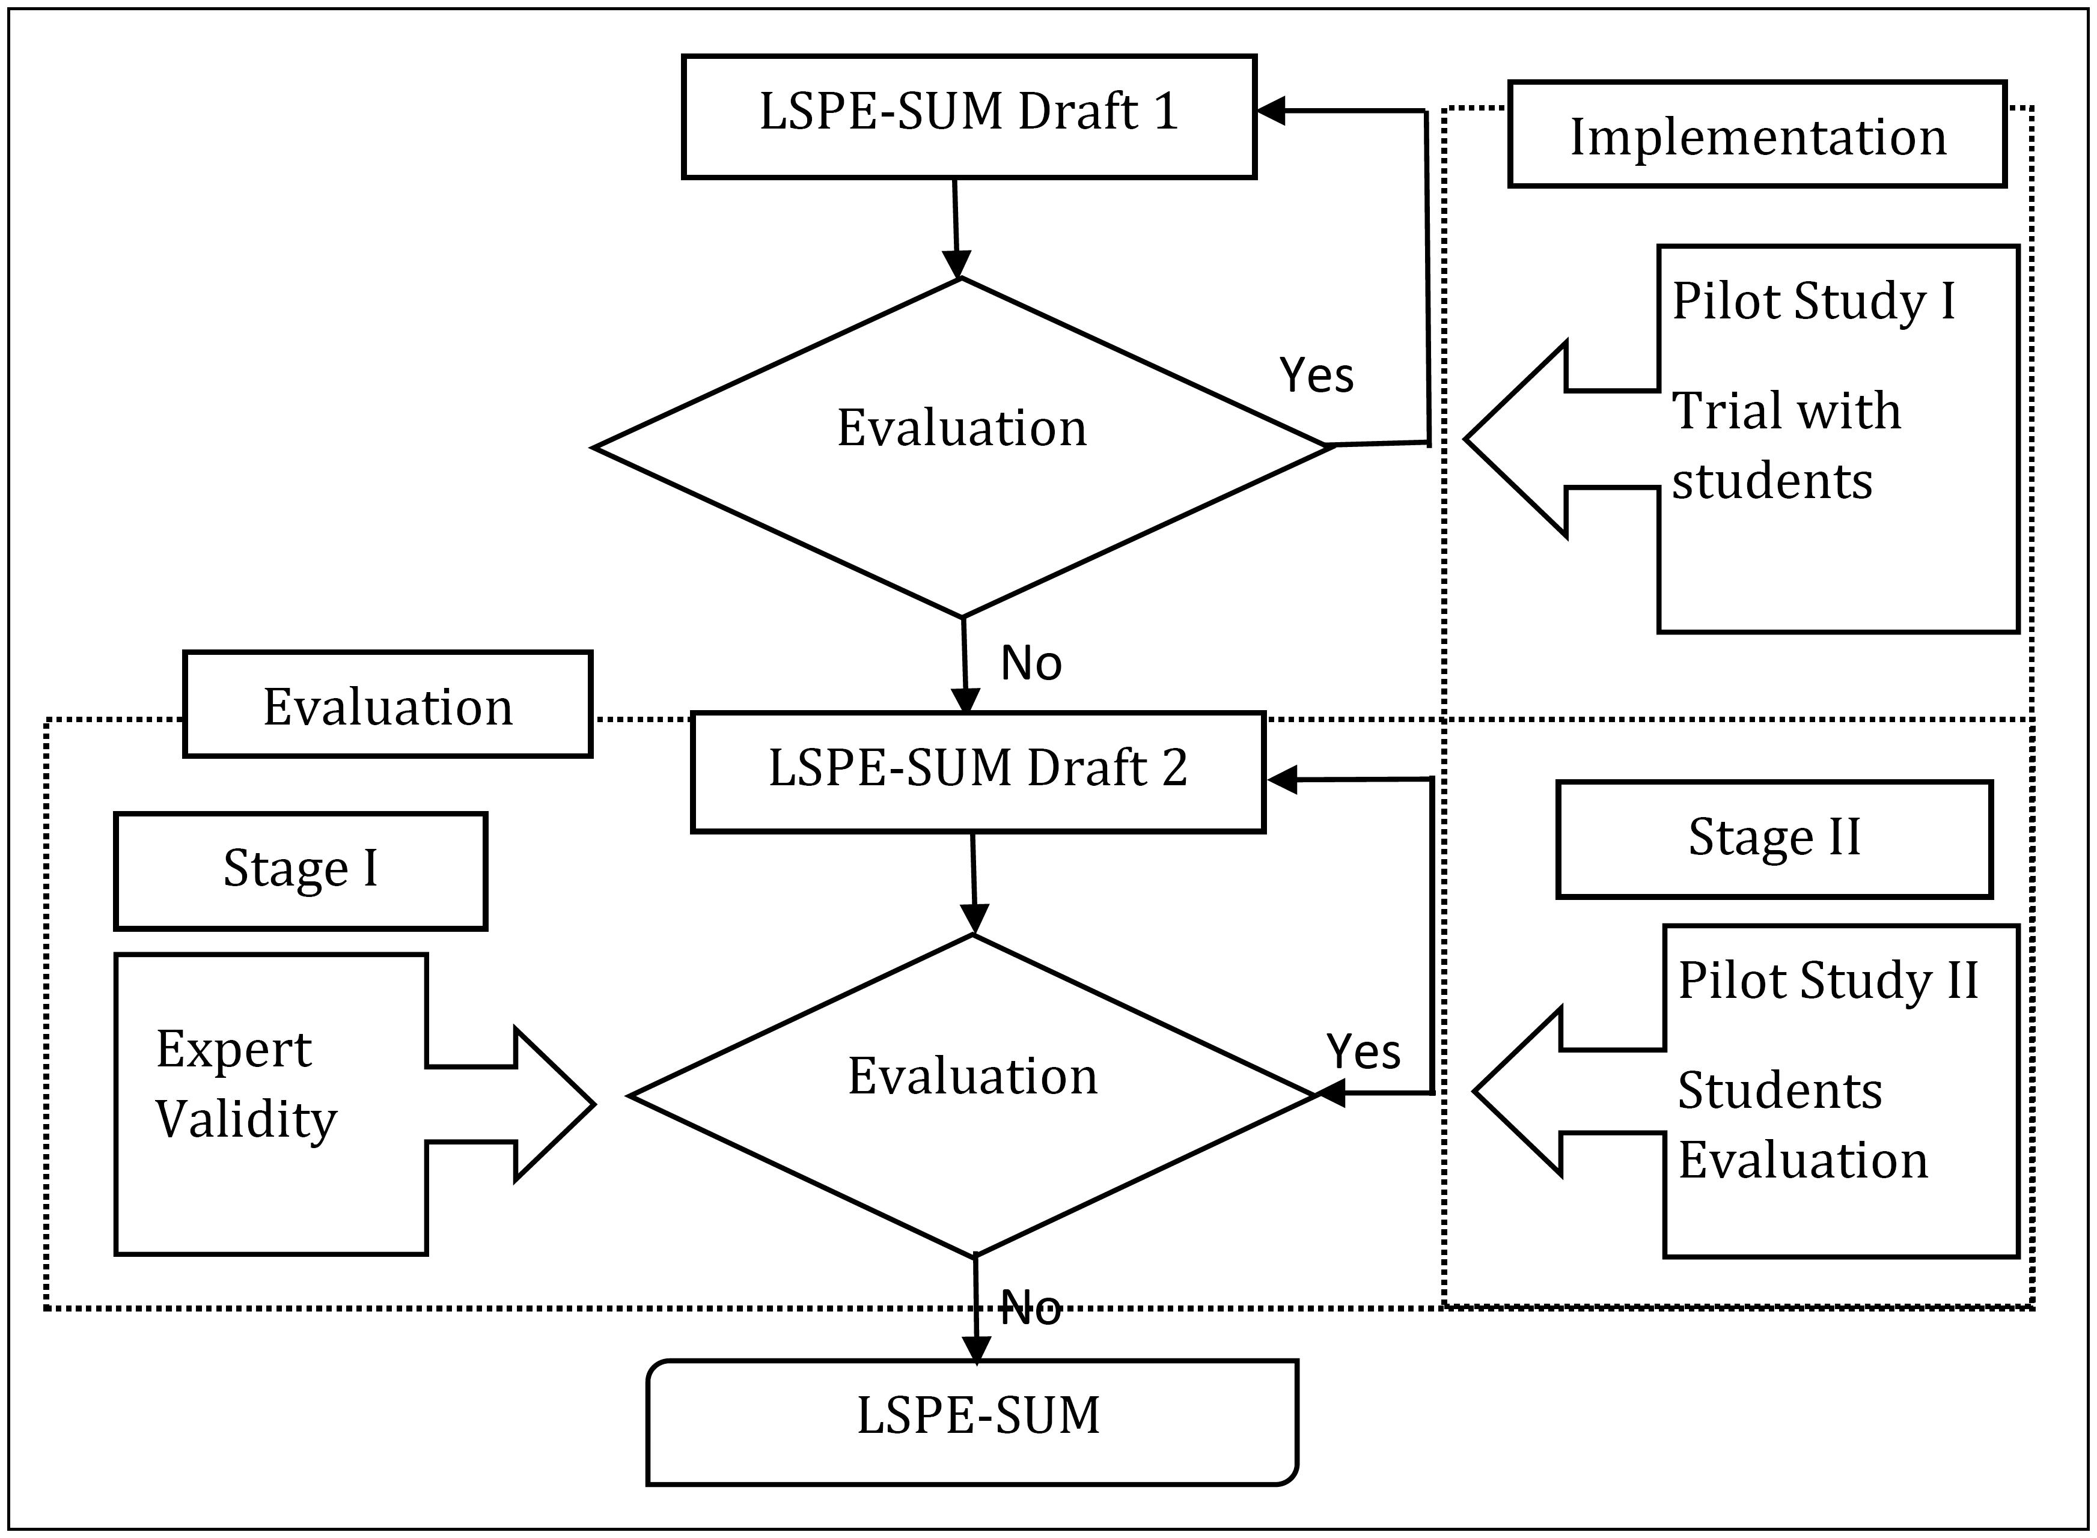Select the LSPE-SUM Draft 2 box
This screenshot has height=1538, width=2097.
point(978,771)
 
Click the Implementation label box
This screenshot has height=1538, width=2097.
point(1756,135)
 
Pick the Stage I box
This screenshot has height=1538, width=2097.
point(300,869)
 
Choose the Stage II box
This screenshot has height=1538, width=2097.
point(1774,838)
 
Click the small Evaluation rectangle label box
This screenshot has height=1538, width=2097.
point(388,705)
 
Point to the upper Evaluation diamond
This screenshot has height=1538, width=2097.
point(962,447)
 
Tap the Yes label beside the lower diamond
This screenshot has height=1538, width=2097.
point(1363,1051)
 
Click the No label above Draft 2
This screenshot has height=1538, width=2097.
point(1031,663)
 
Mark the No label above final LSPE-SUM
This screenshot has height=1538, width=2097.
point(1031,1309)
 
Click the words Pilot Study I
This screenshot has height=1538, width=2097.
point(1813,301)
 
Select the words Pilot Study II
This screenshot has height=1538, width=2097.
point(1827,980)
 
